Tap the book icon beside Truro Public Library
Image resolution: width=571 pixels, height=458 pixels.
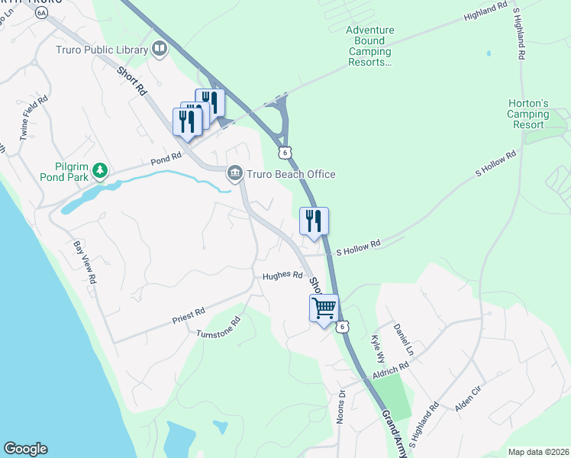160,50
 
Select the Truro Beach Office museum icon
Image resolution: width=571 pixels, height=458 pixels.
235,174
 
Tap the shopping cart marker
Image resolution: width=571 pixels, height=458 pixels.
324,308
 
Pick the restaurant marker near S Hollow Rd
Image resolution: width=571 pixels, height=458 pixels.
314,221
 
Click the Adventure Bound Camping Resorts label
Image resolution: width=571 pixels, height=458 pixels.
369,47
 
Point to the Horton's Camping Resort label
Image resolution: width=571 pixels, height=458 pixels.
528,114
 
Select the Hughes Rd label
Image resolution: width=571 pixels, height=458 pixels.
282,276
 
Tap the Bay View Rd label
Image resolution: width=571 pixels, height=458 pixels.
84,263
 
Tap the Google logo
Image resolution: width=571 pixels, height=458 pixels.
25,449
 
